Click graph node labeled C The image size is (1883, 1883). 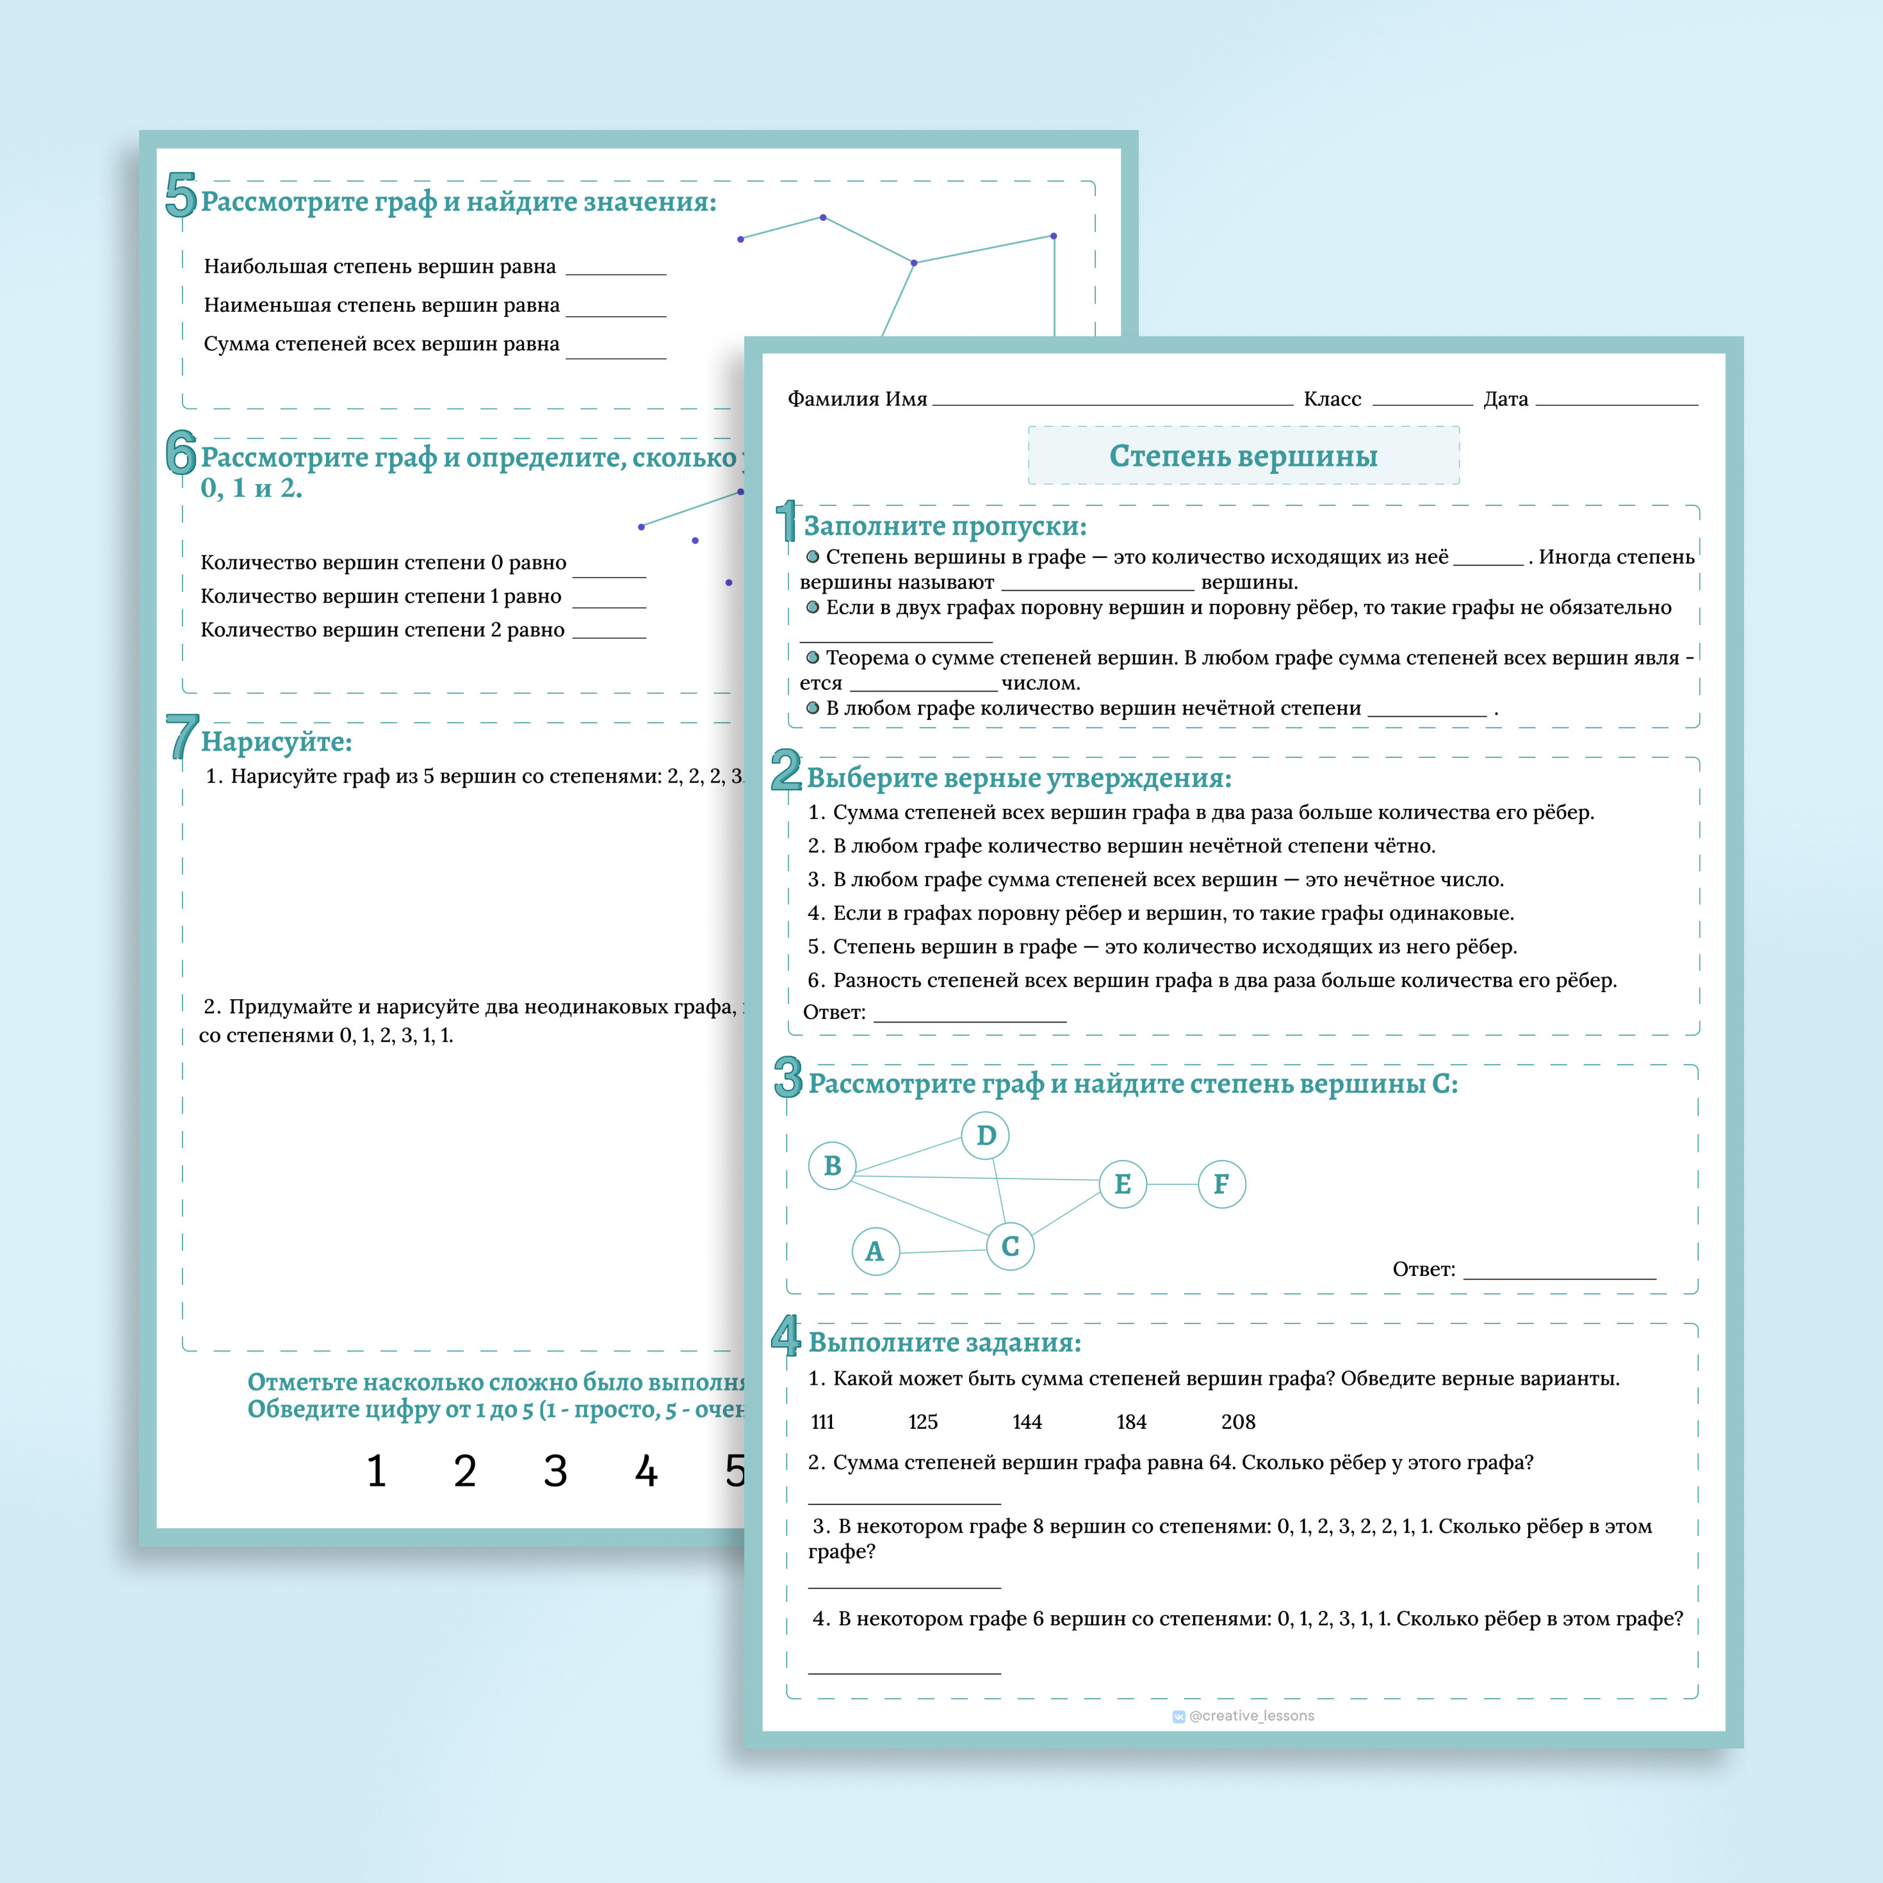click(x=1010, y=1246)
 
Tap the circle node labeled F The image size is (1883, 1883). click(x=1221, y=1184)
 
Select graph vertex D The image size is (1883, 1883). click(x=985, y=1136)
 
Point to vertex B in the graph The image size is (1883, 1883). click(x=833, y=1166)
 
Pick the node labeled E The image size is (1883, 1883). click(x=1123, y=1184)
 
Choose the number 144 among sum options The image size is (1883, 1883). click(x=1027, y=1422)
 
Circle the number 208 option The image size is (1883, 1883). click(x=1238, y=1422)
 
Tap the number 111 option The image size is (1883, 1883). click(x=822, y=1422)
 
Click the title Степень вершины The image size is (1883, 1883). click(x=1244, y=456)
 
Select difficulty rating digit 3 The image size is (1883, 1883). click(x=555, y=1471)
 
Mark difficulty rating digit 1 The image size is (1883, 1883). click(x=376, y=1471)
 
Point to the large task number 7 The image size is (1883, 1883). click(x=181, y=736)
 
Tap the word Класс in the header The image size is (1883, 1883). click(x=1332, y=398)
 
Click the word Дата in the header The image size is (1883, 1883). click(x=1506, y=398)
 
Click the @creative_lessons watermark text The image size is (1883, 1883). click(x=1251, y=1715)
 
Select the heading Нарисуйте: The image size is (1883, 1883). click(x=277, y=742)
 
